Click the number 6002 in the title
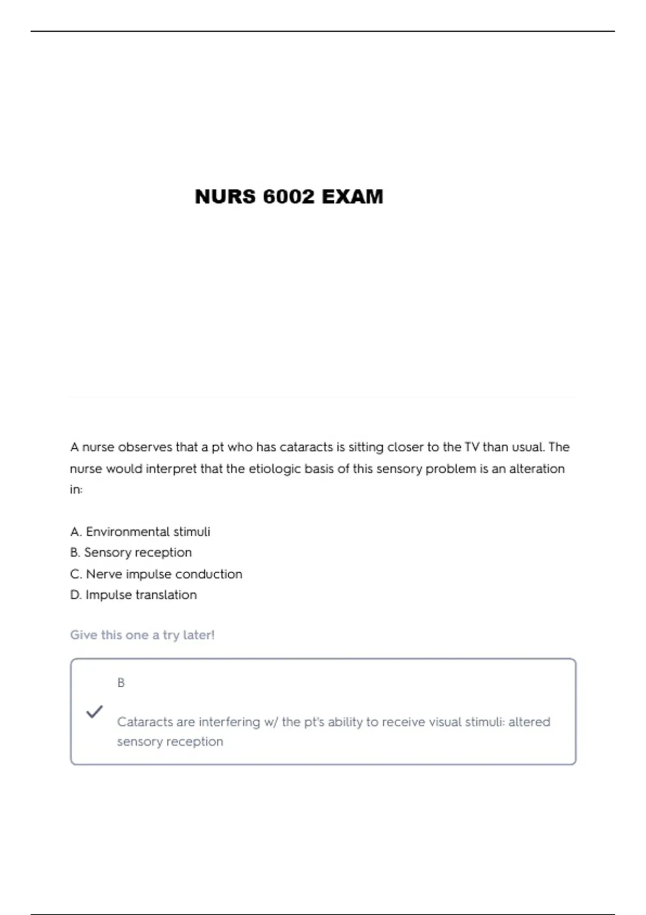(x=289, y=197)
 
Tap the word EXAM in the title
(x=353, y=197)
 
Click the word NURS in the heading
(x=225, y=197)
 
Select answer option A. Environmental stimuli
(x=140, y=532)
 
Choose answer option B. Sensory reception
(x=131, y=553)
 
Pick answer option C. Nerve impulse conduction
(x=156, y=574)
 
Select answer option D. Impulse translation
(x=134, y=595)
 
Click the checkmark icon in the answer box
(x=94, y=712)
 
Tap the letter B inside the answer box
(x=121, y=683)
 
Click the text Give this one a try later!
(x=142, y=635)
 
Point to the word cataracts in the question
(x=306, y=447)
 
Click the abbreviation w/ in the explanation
(x=271, y=722)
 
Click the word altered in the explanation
(x=529, y=722)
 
